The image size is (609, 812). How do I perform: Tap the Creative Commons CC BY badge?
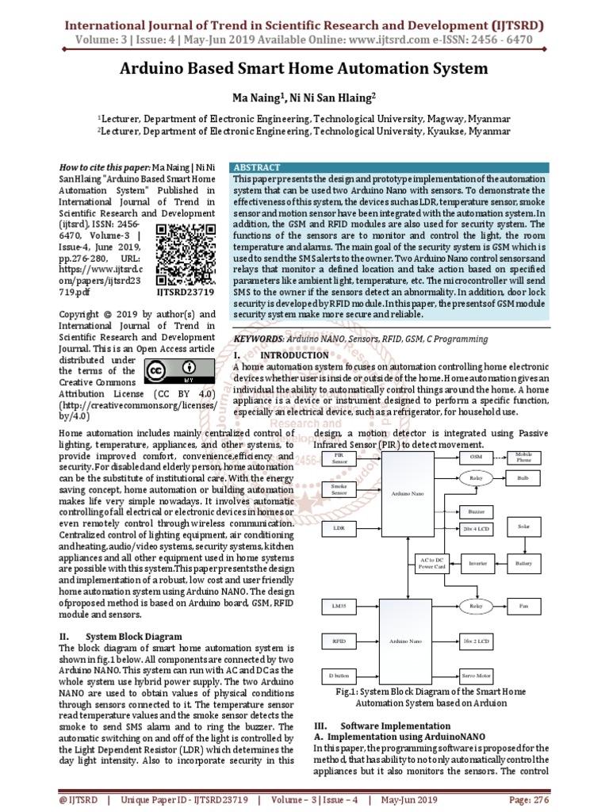(x=178, y=370)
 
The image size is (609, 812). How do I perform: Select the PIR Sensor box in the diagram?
(x=339, y=458)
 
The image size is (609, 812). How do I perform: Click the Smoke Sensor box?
(x=339, y=490)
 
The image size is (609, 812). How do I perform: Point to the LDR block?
(x=339, y=527)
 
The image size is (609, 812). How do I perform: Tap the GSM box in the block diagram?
(x=476, y=458)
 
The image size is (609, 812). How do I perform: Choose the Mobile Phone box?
(x=523, y=458)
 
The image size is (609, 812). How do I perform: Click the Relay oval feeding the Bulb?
(x=476, y=479)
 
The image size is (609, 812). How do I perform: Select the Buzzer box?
(x=476, y=511)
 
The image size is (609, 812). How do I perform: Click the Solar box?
(x=523, y=527)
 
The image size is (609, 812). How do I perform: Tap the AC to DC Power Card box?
(x=431, y=563)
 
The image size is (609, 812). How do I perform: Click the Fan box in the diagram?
(x=523, y=607)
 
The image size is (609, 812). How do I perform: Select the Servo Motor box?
(x=476, y=676)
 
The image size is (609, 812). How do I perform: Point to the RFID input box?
(x=339, y=639)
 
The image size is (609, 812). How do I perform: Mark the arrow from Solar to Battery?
(x=523, y=546)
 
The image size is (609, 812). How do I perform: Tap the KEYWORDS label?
(x=257, y=339)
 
